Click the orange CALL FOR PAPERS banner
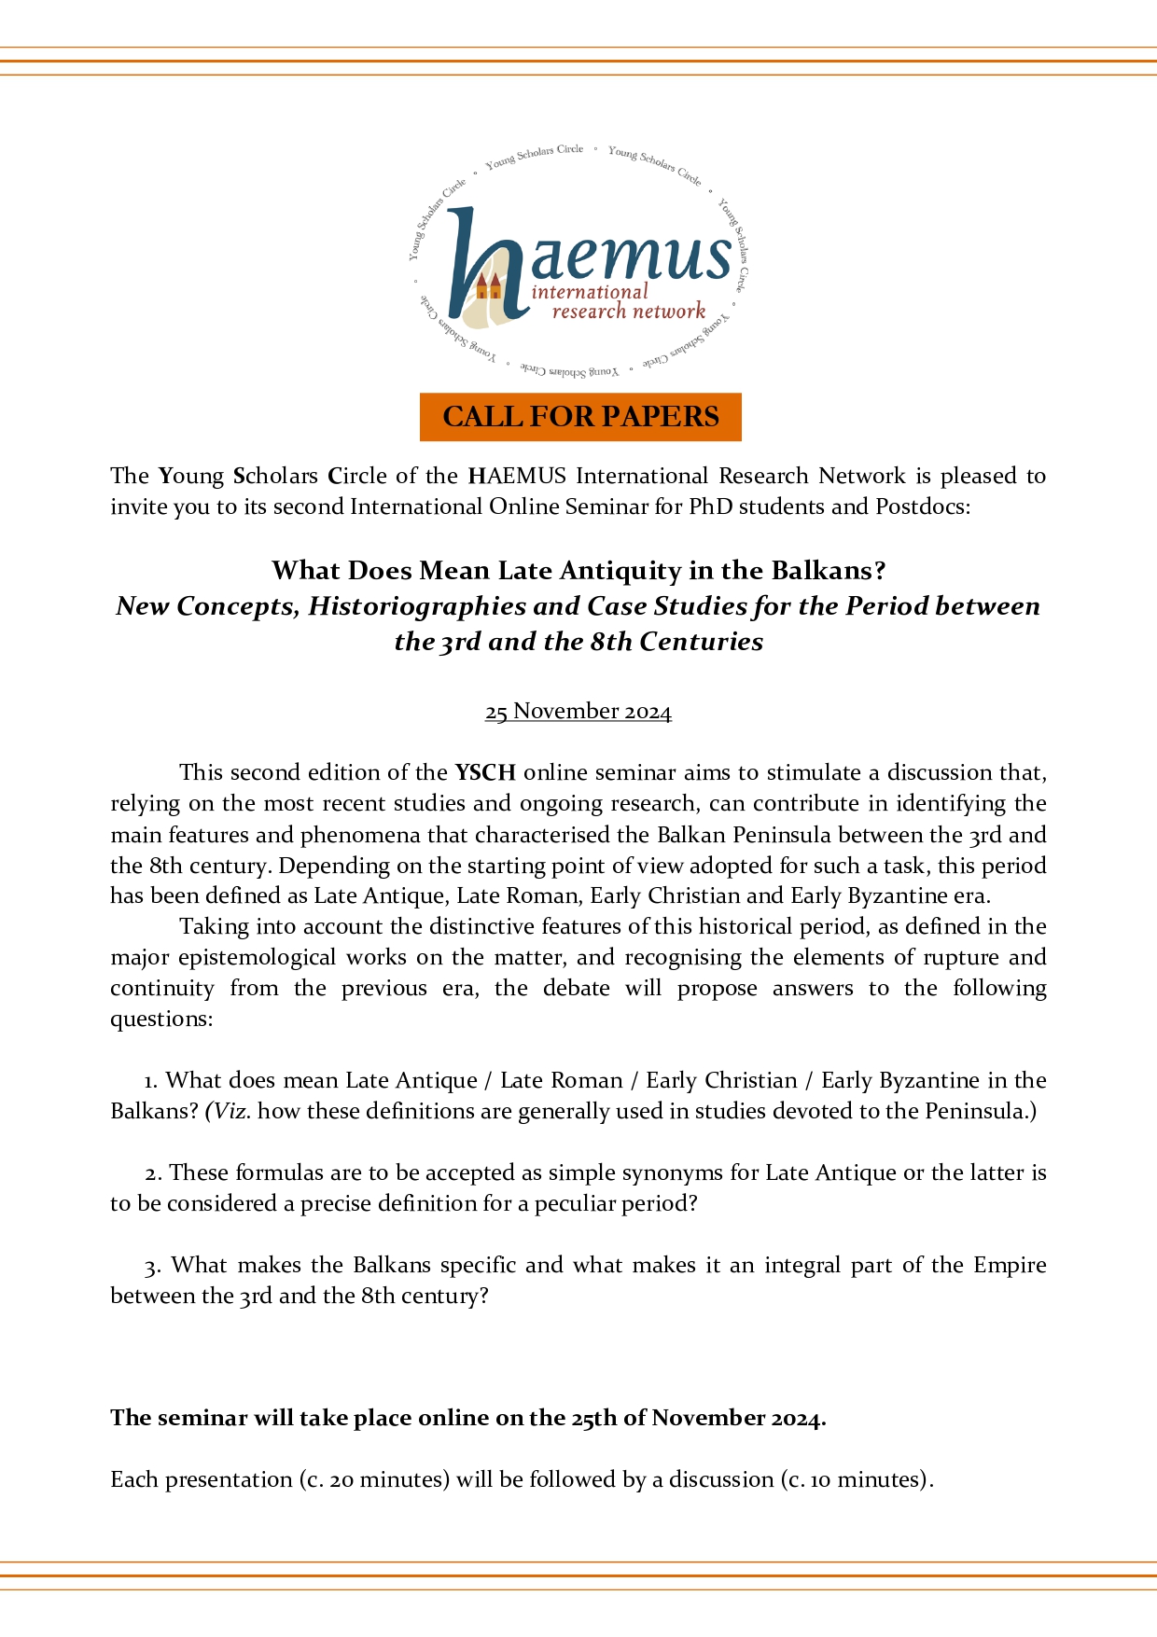click(x=580, y=416)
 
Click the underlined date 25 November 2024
click(x=578, y=711)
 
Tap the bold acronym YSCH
click(x=485, y=772)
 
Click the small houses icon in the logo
click(x=488, y=285)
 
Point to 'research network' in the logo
click(x=628, y=312)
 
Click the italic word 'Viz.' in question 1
click(x=231, y=1111)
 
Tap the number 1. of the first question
click(x=150, y=1080)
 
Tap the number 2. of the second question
click(x=153, y=1172)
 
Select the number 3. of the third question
click(x=153, y=1265)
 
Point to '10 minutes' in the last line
click(x=865, y=1479)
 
